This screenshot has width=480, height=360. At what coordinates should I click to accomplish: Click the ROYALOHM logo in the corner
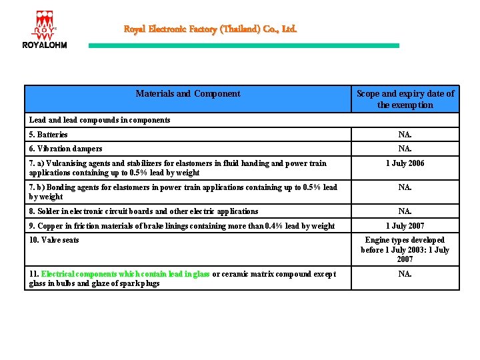(x=45, y=29)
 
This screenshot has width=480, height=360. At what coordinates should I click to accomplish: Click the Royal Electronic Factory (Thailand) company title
(x=210, y=29)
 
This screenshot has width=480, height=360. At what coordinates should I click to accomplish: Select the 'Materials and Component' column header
(x=188, y=94)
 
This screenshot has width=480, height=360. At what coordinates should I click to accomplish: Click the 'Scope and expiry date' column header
(x=405, y=99)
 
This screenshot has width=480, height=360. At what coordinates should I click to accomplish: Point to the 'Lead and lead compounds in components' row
(x=100, y=120)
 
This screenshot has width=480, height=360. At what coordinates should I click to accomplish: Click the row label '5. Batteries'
(x=48, y=135)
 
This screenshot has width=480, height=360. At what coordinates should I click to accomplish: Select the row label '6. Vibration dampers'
(x=66, y=149)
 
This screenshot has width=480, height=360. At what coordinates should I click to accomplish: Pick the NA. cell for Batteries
(x=405, y=135)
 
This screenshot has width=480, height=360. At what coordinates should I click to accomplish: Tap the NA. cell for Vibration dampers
(x=405, y=149)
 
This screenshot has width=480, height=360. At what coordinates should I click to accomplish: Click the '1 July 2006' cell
(x=405, y=163)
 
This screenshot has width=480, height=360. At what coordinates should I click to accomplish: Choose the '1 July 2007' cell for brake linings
(x=405, y=226)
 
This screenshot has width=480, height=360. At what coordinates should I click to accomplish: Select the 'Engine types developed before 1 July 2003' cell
(x=405, y=249)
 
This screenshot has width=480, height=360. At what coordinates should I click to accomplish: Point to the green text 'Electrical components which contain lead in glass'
(x=125, y=274)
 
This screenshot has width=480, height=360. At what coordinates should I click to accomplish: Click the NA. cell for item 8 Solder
(x=405, y=211)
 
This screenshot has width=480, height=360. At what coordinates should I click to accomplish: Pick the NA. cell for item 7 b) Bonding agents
(x=405, y=187)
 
